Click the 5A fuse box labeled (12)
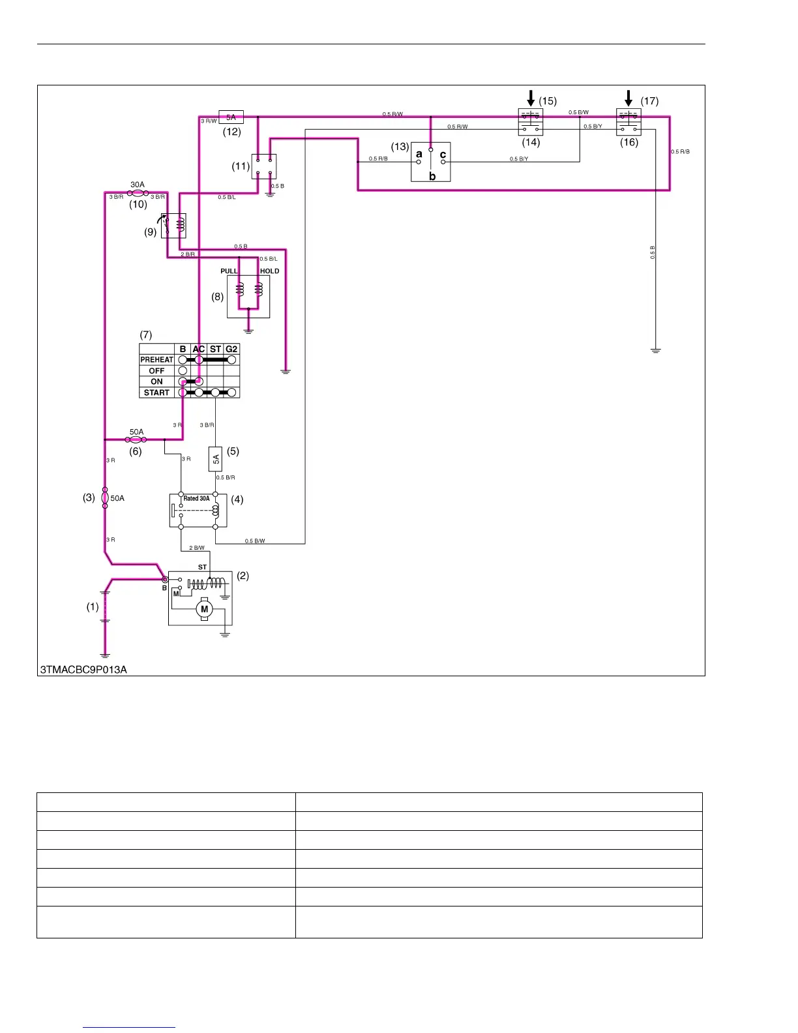click(231, 117)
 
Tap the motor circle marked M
click(204, 609)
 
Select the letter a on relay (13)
click(419, 154)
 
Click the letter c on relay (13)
click(443, 155)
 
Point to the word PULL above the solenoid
click(229, 271)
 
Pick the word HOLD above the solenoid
click(269, 271)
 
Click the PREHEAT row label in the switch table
click(156, 359)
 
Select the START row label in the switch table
click(156, 393)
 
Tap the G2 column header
click(231, 349)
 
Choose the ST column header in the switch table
click(215, 349)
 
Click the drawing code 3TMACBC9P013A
click(83, 670)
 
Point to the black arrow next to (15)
click(531, 98)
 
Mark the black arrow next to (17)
click(628, 98)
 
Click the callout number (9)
click(151, 232)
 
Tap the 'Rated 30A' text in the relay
click(196, 498)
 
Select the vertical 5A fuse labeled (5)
click(216, 458)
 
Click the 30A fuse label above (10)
click(138, 185)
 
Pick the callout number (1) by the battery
click(93, 606)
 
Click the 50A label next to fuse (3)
click(117, 498)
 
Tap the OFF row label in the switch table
click(156, 370)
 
